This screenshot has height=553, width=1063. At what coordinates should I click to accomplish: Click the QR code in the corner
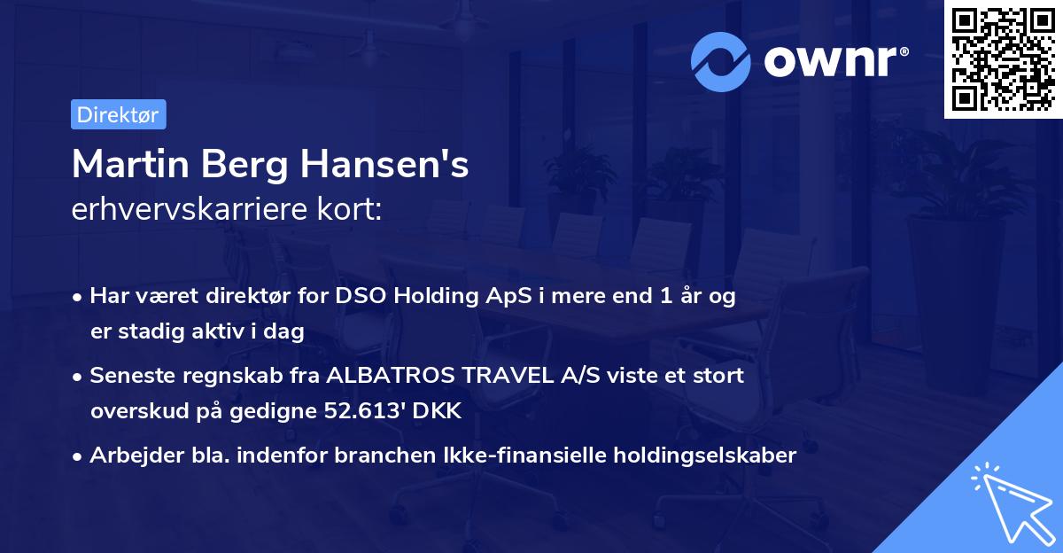pos(1003,59)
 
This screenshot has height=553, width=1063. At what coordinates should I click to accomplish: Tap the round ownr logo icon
pos(721,61)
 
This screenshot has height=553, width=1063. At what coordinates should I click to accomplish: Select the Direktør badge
pos(118,114)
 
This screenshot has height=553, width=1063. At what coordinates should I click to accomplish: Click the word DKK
pos(442,411)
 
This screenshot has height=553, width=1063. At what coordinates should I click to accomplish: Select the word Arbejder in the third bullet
pos(129,456)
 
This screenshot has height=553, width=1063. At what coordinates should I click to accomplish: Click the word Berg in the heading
pos(245,165)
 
